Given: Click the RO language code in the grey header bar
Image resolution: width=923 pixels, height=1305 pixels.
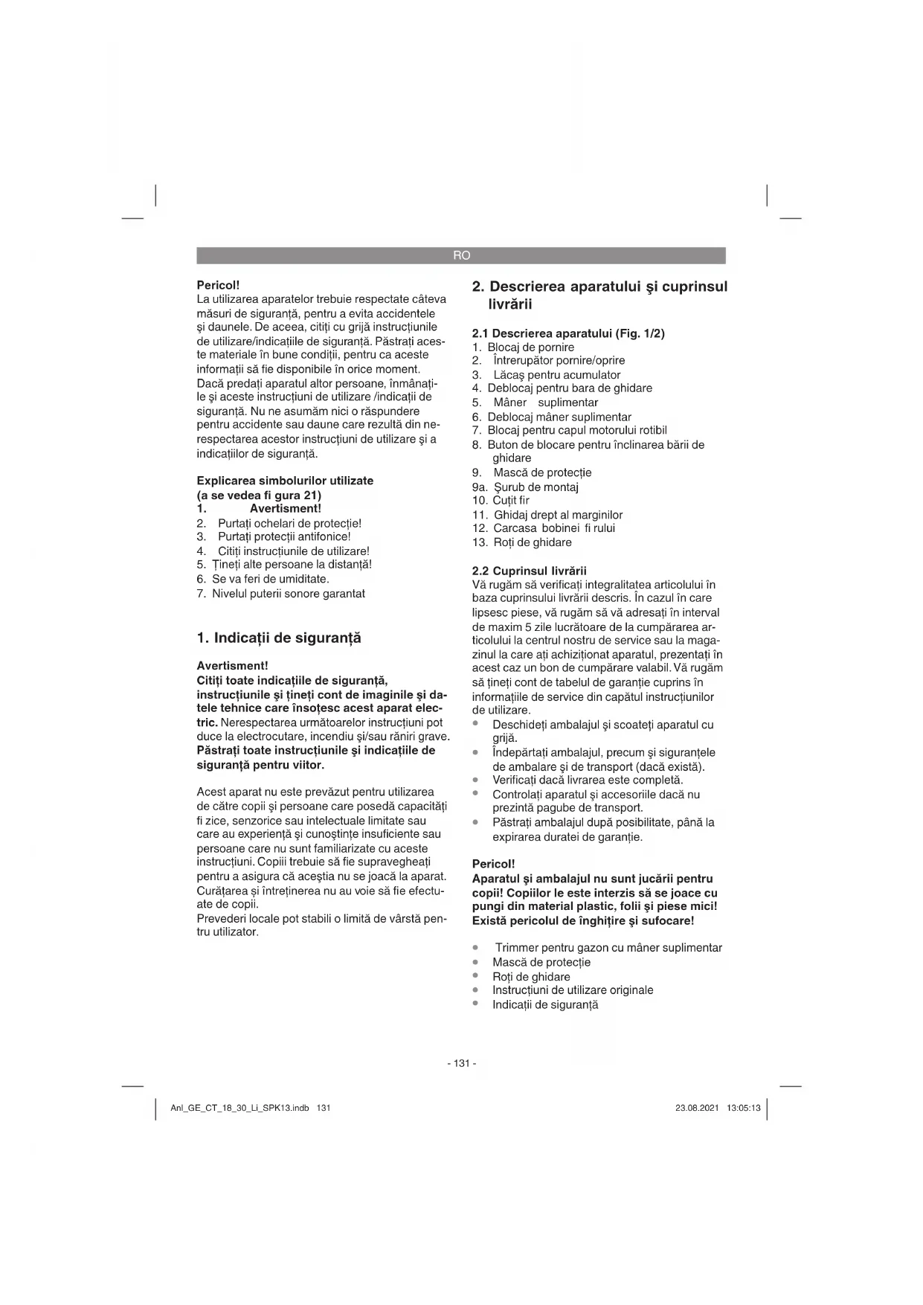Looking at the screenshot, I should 461,255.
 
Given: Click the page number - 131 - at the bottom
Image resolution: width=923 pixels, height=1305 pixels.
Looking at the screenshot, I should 461,1063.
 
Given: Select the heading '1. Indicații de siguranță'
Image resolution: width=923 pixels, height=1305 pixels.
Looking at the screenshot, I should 279,638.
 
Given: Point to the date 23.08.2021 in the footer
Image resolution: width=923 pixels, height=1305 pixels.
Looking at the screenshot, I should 697,1108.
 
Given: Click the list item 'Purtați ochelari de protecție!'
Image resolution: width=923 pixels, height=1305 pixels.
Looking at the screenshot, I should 289,523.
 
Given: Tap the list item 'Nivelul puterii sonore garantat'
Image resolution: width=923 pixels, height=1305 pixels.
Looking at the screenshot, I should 288,594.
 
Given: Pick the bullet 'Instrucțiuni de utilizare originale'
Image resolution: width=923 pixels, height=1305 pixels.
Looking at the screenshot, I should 572,990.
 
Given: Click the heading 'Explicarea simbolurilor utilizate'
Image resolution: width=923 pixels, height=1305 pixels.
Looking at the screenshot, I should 285,481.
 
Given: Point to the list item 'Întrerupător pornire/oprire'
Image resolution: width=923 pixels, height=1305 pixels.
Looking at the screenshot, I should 559,361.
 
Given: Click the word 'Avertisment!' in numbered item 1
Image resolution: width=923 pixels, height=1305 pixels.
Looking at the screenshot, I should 286,509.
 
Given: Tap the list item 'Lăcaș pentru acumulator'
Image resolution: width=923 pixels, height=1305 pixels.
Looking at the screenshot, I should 556,375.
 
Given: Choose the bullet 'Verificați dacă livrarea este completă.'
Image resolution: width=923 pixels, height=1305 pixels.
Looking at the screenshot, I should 587,780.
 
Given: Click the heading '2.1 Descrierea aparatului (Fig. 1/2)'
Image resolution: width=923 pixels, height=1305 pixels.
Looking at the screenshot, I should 568,333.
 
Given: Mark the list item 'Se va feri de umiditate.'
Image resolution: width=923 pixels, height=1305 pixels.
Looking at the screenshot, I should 270,579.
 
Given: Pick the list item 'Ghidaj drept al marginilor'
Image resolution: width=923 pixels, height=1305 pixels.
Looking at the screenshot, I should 558,515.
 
